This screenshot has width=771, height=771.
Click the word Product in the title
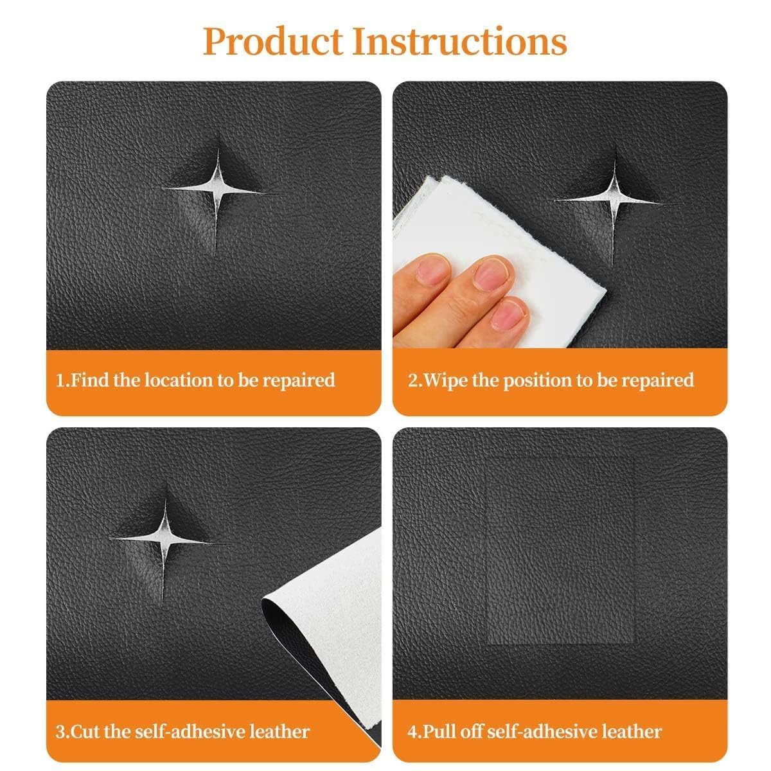click(274, 41)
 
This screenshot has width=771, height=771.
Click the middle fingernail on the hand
click(490, 272)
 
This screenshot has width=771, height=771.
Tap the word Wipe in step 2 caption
click(446, 380)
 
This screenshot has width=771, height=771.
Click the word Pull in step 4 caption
click(438, 731)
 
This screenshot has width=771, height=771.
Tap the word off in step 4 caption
click(472, 731)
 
